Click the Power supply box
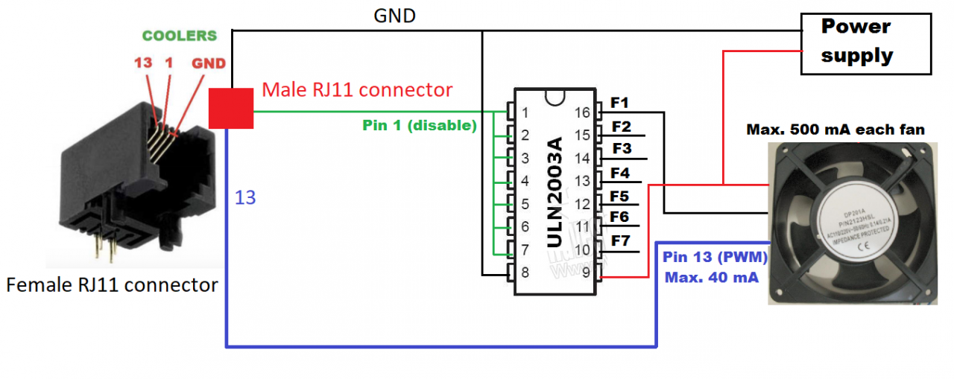point(865,43)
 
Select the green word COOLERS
point(180,36)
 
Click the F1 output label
point(620,103)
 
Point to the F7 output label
point(621,241)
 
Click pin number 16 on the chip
point(582,112)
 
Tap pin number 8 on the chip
point(525,273)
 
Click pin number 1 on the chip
point(525,113)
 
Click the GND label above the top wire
point(394,16)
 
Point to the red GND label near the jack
point(209,64)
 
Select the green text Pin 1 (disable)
point(420,126)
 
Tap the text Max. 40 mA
point(712,278)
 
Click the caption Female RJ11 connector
point(113,284)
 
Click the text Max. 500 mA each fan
point(835,130)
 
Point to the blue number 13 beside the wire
point(245,197)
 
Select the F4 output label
point(620,173)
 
